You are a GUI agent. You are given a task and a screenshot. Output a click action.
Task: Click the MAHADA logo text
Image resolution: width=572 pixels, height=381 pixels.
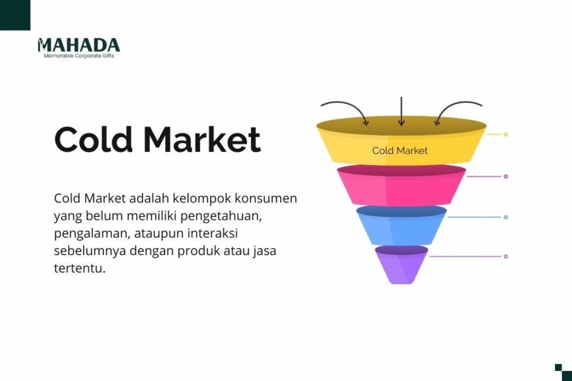coord(79,46)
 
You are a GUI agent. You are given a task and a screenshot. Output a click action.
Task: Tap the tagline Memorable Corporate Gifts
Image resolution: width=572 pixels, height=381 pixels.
coord(79,56)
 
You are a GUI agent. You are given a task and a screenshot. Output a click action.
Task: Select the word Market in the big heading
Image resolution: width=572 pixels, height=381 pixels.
coord(202,140)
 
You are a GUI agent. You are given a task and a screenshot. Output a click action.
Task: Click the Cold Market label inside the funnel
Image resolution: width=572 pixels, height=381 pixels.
coord(400,151)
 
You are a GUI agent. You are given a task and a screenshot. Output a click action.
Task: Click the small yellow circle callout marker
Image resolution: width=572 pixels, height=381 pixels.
coord(505,134)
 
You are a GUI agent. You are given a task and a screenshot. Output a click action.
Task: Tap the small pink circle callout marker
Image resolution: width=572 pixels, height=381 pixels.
coord(505,176)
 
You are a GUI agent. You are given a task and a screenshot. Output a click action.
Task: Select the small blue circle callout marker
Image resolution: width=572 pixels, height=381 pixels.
coord(505,217)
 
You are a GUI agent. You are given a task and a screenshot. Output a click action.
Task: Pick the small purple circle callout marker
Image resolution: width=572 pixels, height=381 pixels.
coord(505,256)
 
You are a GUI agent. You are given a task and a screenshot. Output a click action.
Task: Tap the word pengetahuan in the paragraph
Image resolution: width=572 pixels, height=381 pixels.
coord(219,216)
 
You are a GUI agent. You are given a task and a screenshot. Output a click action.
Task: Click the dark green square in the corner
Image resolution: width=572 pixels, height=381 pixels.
coord(14,14)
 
